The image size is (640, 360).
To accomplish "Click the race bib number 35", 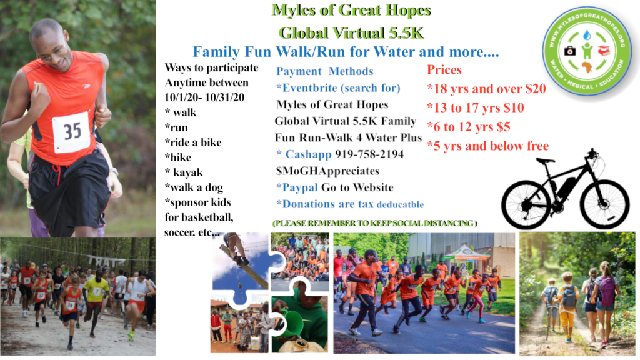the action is click(x=72, y=131).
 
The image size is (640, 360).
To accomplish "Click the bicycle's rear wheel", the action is click(x=526, y=204).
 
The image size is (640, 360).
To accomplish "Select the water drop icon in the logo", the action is click(x=587, y=35).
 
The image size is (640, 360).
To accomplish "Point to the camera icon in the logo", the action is click(x=570, y=50).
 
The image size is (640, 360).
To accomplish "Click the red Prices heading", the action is click(x=444, y=70).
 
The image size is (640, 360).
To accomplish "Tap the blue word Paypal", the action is click(x=300, y=187).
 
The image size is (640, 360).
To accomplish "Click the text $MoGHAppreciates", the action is click(x=327, y=171).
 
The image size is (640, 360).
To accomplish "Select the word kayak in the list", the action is click(x=187, y=172).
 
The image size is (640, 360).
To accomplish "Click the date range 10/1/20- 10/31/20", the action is click(x=204, y=97).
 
